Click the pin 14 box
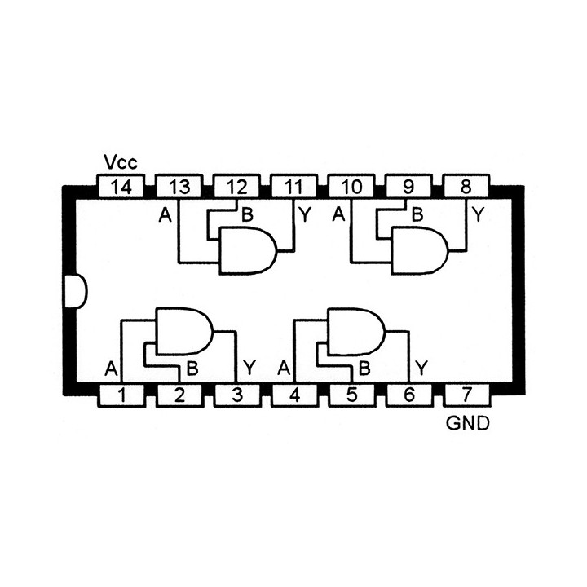121,186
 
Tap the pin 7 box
466,395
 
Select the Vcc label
121,162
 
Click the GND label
468,423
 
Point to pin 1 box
121,395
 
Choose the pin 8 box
466,186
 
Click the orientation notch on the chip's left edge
76,291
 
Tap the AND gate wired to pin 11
248,250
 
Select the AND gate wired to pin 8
420,250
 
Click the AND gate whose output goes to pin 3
184,331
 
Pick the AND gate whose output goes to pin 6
356,331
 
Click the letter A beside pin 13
165,215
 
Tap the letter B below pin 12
248,215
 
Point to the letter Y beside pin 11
305,214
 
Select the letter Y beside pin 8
478,214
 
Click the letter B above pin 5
364,369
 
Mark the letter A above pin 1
111,369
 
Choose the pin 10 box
351,186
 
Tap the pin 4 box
295,395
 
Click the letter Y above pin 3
249,368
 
